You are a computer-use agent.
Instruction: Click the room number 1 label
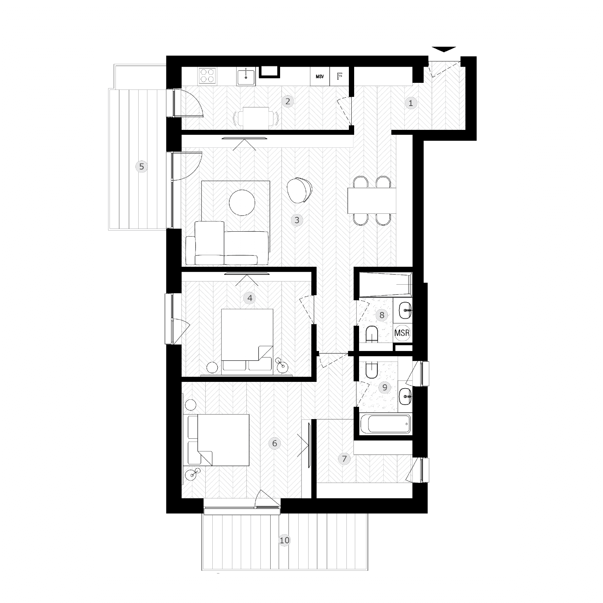[411, 103]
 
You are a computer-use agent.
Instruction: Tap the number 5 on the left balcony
[141, 166]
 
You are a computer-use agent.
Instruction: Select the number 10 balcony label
[284, 540]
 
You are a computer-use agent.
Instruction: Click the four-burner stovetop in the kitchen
[207, 75]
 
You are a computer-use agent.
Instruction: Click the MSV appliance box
[320, 77]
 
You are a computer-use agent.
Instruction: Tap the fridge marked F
[339, 77]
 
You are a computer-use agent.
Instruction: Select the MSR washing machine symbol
[402, 332]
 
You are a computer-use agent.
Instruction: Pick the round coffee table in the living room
[242, 203]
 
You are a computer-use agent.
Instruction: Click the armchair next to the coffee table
[299, 190]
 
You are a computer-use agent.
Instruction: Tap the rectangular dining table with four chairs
[372, 201]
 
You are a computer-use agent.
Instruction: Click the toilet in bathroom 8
[371, 334]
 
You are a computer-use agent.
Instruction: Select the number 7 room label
[344, 458]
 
